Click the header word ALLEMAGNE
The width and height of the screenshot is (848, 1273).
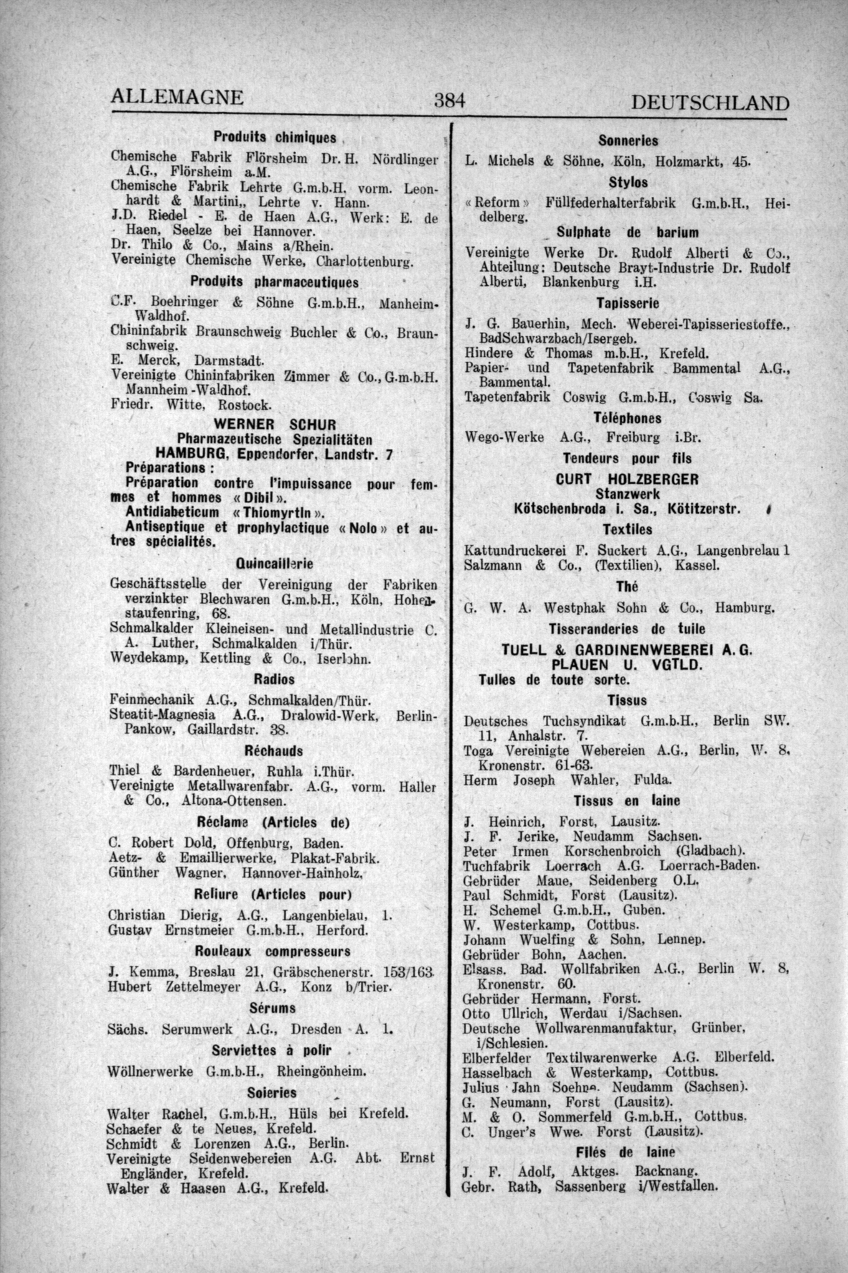[x=176, y=98]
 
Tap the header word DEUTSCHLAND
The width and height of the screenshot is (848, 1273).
[x=710, y=103]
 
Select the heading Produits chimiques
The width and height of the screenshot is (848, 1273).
[x=275, y=137]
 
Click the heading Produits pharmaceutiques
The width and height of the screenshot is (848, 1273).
[x=275, y=282]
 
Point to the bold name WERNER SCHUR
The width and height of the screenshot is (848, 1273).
[x=275, y=425]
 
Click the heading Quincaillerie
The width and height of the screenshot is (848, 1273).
[x=275, y=564]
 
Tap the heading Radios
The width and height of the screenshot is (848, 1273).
[x=275, y=678]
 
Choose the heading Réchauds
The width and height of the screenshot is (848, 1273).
[x=275, y=750]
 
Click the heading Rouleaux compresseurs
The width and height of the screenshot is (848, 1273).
[x=273, y=951]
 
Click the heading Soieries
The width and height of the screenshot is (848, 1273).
[x=271, y=1093]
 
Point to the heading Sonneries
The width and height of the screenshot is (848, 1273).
[x=628, y=141]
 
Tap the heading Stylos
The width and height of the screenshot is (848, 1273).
[x=628, y=183]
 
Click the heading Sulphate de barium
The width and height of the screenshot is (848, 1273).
[x=628, y=232]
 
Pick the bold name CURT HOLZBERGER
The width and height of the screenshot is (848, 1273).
[x=628, y=480]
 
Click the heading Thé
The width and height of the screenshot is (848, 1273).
[x=628, y=587]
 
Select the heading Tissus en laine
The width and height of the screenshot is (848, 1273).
[x=628, y=800]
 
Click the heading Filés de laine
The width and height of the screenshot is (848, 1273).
[x=628, y=1152]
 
